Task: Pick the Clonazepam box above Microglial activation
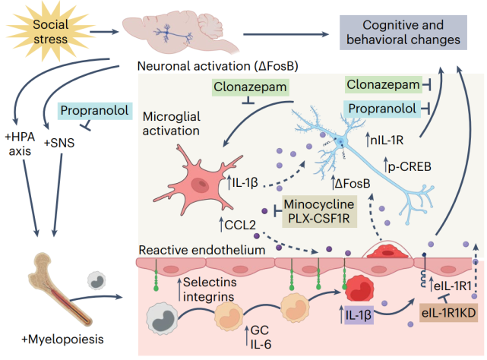tap(250, 88)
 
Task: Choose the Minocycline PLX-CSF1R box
tap(320, 210)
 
